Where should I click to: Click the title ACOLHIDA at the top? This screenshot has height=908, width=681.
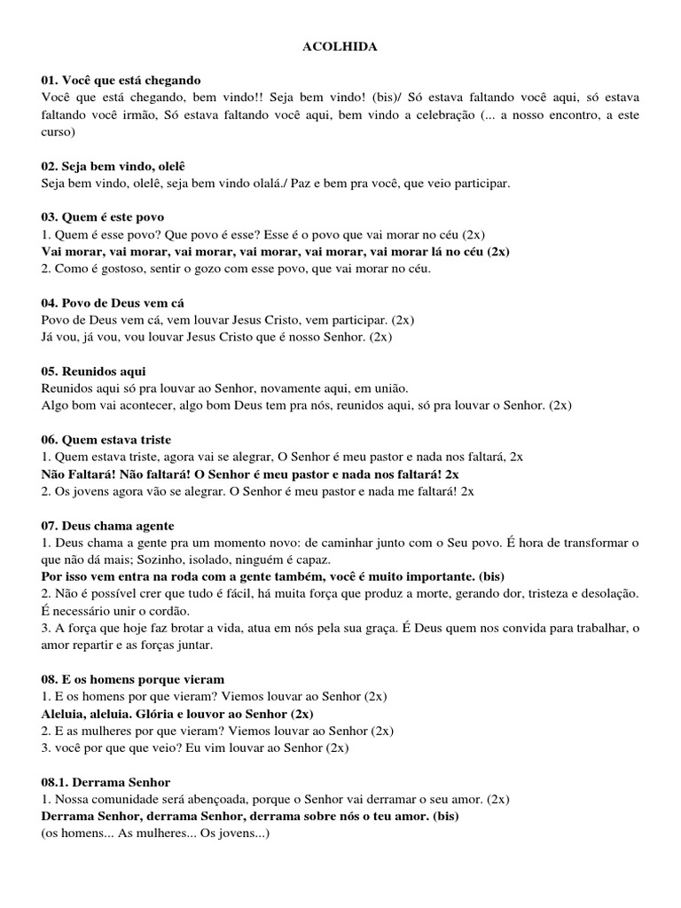[x=340, y=47]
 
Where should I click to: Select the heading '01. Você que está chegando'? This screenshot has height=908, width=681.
[x=121, y=80]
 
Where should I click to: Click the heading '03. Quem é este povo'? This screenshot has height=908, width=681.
[x=103, y=217]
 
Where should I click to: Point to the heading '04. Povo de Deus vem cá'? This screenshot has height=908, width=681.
[x=113, y=302]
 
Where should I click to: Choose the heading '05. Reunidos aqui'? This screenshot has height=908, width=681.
[x=93, y=371]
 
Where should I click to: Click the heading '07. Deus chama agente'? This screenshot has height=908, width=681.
[x=108, y=525]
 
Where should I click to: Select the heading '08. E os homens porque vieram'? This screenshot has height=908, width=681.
[x=132, y=678]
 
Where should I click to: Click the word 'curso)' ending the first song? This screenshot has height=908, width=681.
[x=59, y=132]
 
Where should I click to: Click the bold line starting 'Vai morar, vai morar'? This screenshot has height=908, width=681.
[x=276, y=251]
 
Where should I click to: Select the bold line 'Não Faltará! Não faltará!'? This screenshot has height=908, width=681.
[x=250, y=474]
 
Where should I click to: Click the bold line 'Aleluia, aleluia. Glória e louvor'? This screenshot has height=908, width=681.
[x=176, y=713]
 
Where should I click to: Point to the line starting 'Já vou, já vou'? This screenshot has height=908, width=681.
[x=216, y=337]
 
